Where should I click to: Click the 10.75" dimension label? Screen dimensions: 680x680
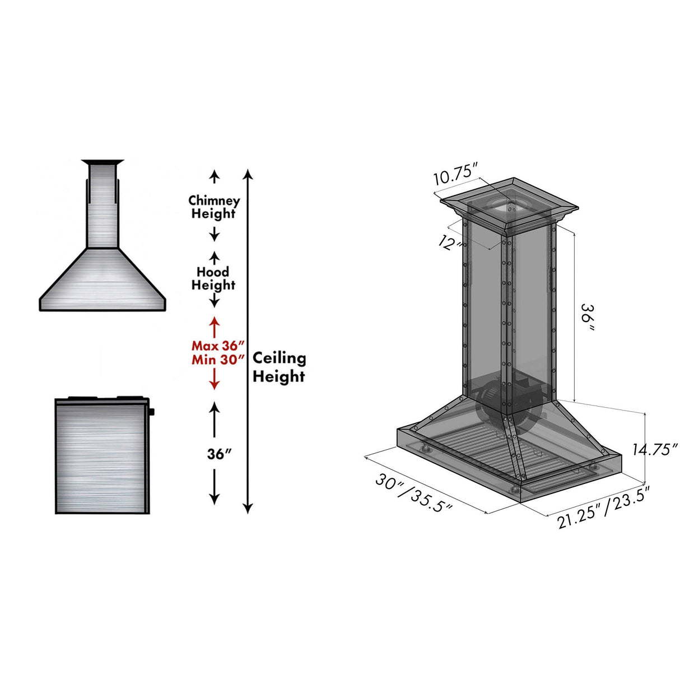(455, 175)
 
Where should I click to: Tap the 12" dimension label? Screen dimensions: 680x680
(450, 243)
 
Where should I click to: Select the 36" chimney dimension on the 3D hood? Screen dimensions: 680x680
(587, 316)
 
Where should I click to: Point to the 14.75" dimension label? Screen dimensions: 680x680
(655, 449)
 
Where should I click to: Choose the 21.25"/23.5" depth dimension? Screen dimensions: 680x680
(603, 507)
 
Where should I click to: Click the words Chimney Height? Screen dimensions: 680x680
(214, 207)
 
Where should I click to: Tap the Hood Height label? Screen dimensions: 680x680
(213, 278)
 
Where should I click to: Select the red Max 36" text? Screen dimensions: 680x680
(218, 346)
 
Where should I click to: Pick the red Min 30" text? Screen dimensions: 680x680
(218, 360)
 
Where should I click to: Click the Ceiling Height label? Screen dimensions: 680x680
(279, 367)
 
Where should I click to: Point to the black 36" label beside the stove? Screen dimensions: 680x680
(219, 454)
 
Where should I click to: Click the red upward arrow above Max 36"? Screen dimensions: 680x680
(214, 326)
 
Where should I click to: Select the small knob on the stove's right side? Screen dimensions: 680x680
(152, 412)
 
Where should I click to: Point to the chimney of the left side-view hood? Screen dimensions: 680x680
(102, 207)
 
